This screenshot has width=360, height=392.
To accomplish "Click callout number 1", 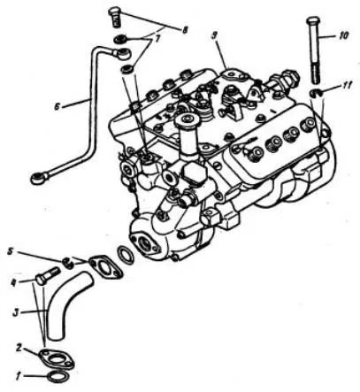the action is pyautogui.click(x=19, y=377).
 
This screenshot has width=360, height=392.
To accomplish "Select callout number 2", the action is pyautogui.click(x=19, y=349).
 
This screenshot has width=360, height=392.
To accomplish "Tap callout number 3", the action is pyautogui.click(x=17, y=312).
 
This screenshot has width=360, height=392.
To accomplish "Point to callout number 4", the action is pyautogui.click(x=13, y=282).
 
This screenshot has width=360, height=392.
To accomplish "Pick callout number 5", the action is pyautogui.click(x=11, y=252).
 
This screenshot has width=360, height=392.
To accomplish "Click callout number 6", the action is pyautogui.click(x=57, y=106).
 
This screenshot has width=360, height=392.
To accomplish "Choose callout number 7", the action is pyautogui.click(x=157, y=39).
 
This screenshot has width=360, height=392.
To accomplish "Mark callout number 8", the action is pyautogui.click(x=185, y=30).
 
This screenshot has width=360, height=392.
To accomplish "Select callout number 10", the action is pyautogui.click(x=343, y=35).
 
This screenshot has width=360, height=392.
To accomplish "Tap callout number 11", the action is pyautogui.click(x=347, y=86).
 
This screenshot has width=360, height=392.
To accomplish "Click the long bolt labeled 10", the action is pyautogui.click(x=313, y=50).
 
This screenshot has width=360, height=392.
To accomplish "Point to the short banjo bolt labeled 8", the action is pyautogui.click(x=115, y=18).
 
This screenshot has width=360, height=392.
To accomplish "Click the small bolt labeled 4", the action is pyautogui.click(x=48, y=275).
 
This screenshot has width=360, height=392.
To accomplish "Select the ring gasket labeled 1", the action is pyautogui.click(x=58, y=377).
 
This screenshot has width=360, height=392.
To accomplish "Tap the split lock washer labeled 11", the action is pyautogui.click(x=315, y=93).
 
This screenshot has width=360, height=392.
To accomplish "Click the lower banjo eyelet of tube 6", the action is pyautogui.click(x=40, y=179).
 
